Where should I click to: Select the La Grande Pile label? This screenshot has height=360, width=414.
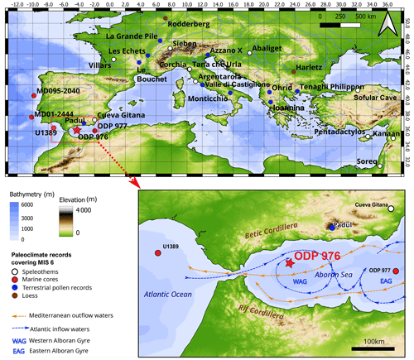point(137,36)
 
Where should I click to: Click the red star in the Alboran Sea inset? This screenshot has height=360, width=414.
point(289,262)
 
